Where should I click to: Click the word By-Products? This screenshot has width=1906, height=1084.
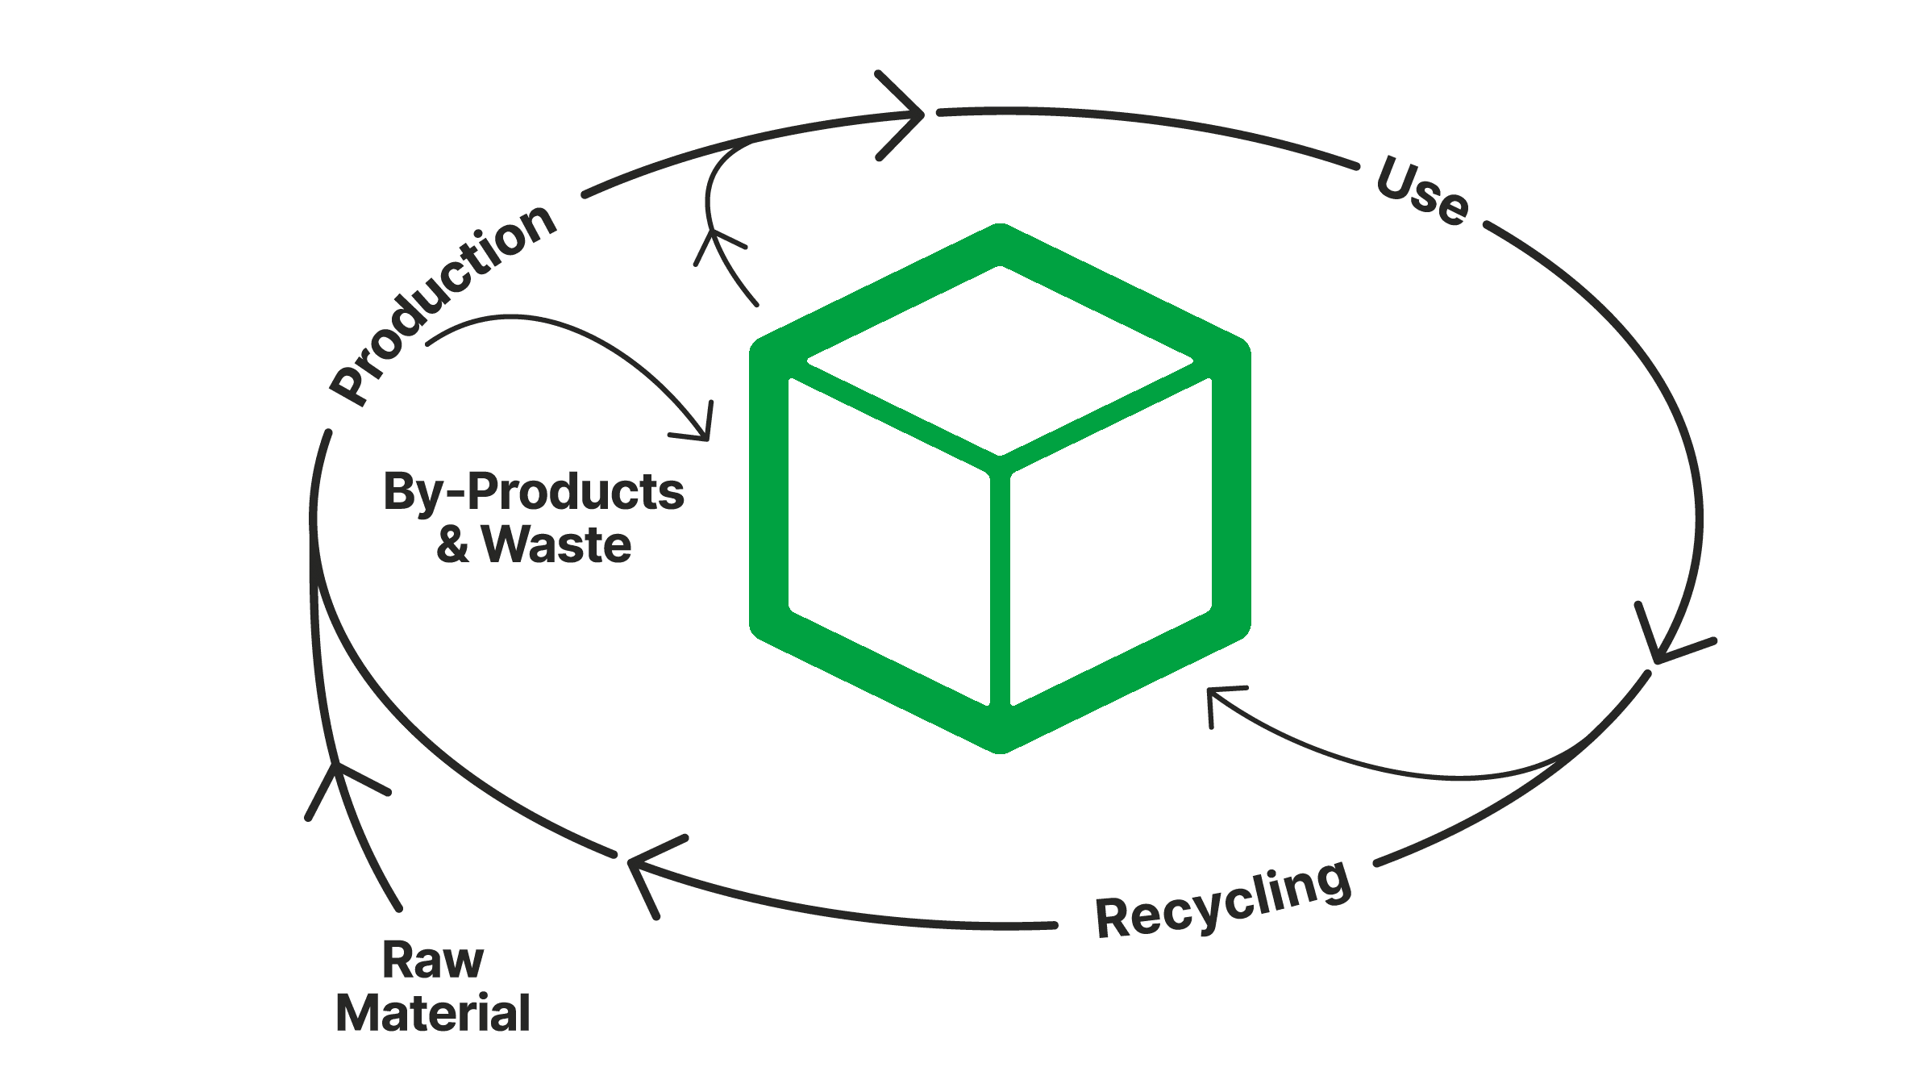click(x=534, y=492)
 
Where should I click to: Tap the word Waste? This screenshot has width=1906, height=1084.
click(x=557, y=545)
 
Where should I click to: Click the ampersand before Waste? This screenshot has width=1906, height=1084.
click(x=453, y=545)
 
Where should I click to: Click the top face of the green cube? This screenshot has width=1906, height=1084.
click(x=1000, y=363)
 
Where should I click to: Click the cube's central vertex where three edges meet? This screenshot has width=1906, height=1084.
click(x=1000, y=462)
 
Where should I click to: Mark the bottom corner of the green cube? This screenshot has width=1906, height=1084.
click(x=1000, y=746)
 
